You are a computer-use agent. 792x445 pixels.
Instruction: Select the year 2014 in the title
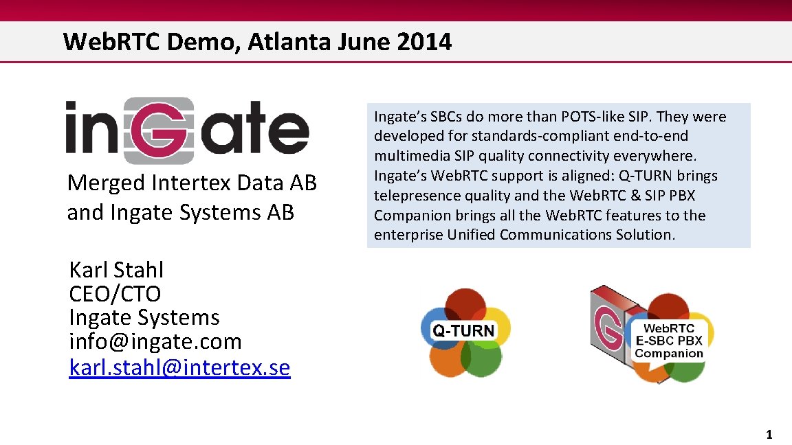(x=424, y=42)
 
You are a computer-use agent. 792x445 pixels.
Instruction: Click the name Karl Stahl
(x=116, y=269)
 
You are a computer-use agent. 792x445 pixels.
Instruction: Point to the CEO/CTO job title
(x=115, y=293)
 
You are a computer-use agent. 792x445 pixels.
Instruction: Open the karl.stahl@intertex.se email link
(x=179, y=367)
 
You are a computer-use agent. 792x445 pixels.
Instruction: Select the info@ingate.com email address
(x=155, y=341)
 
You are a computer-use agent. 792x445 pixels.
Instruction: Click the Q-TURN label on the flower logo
(x=463, y=330)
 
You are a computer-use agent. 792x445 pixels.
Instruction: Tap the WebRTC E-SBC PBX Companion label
(x=668, y=341)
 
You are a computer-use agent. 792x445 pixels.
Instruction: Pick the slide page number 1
(x=769, y=434)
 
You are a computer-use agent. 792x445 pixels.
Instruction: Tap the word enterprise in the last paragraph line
(x=408, y=235)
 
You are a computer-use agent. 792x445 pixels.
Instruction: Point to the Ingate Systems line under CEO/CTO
(x=144, y=317)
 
